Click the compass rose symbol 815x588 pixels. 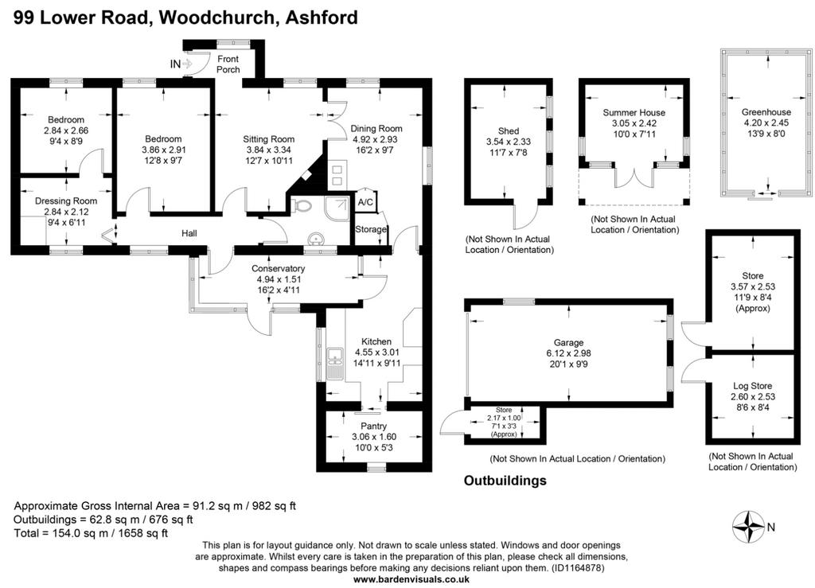(x=748, y=527)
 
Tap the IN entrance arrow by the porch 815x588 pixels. (x=188, y=64)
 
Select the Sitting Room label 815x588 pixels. (x=269, y=139)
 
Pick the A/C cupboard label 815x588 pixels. (x=365, y=202)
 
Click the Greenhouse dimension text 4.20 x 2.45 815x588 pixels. (x=766, y=123)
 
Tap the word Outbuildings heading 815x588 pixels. (x=505, y=481)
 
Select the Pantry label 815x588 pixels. (x=374, y=426)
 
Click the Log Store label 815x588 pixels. (x=752, y=386)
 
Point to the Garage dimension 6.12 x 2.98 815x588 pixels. (x=568, y=353)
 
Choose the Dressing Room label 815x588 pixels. (x=66, y=201)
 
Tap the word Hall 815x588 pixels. (x=189, y=233)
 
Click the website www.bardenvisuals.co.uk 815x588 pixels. (x=411, y=579)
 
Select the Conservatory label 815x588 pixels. (x=278, y=269)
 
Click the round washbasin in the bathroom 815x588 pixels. (x=315, y=239)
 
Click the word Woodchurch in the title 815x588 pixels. (x=216, y=18)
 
